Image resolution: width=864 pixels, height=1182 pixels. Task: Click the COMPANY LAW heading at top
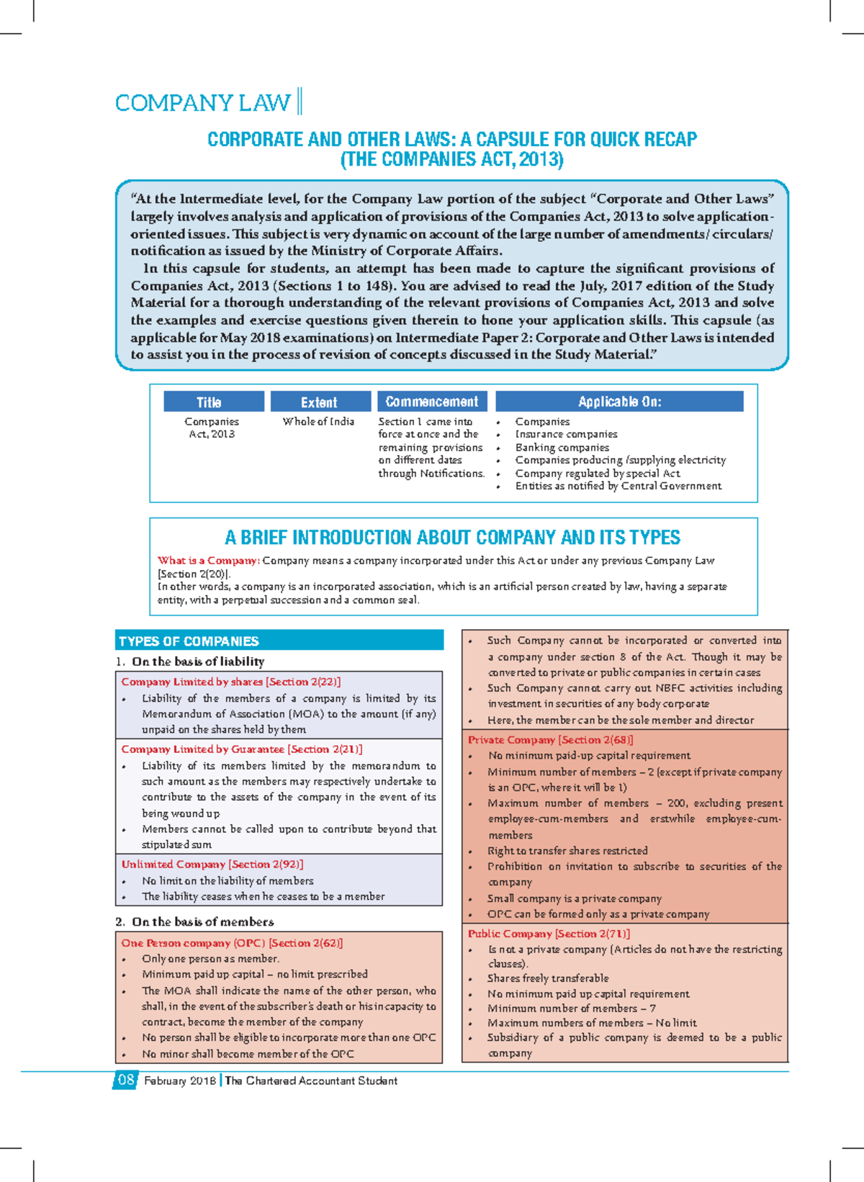203,103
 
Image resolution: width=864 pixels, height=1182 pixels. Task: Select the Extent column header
318,402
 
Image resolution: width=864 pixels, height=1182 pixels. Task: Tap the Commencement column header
431,402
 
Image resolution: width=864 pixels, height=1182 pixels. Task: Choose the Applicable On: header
619,402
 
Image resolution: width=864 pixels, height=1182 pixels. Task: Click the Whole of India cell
318,422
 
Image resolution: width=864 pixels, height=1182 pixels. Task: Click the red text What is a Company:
208,561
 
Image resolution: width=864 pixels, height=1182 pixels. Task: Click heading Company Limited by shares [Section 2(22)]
230,682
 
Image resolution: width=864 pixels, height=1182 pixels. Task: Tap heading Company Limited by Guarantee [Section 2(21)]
241,749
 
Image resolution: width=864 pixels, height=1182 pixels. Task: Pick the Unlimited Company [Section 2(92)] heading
212,865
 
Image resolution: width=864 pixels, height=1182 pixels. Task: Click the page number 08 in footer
125,1080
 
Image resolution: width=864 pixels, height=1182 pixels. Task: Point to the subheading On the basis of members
202,922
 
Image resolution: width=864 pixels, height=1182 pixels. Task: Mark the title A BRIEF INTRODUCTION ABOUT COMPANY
452,538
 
